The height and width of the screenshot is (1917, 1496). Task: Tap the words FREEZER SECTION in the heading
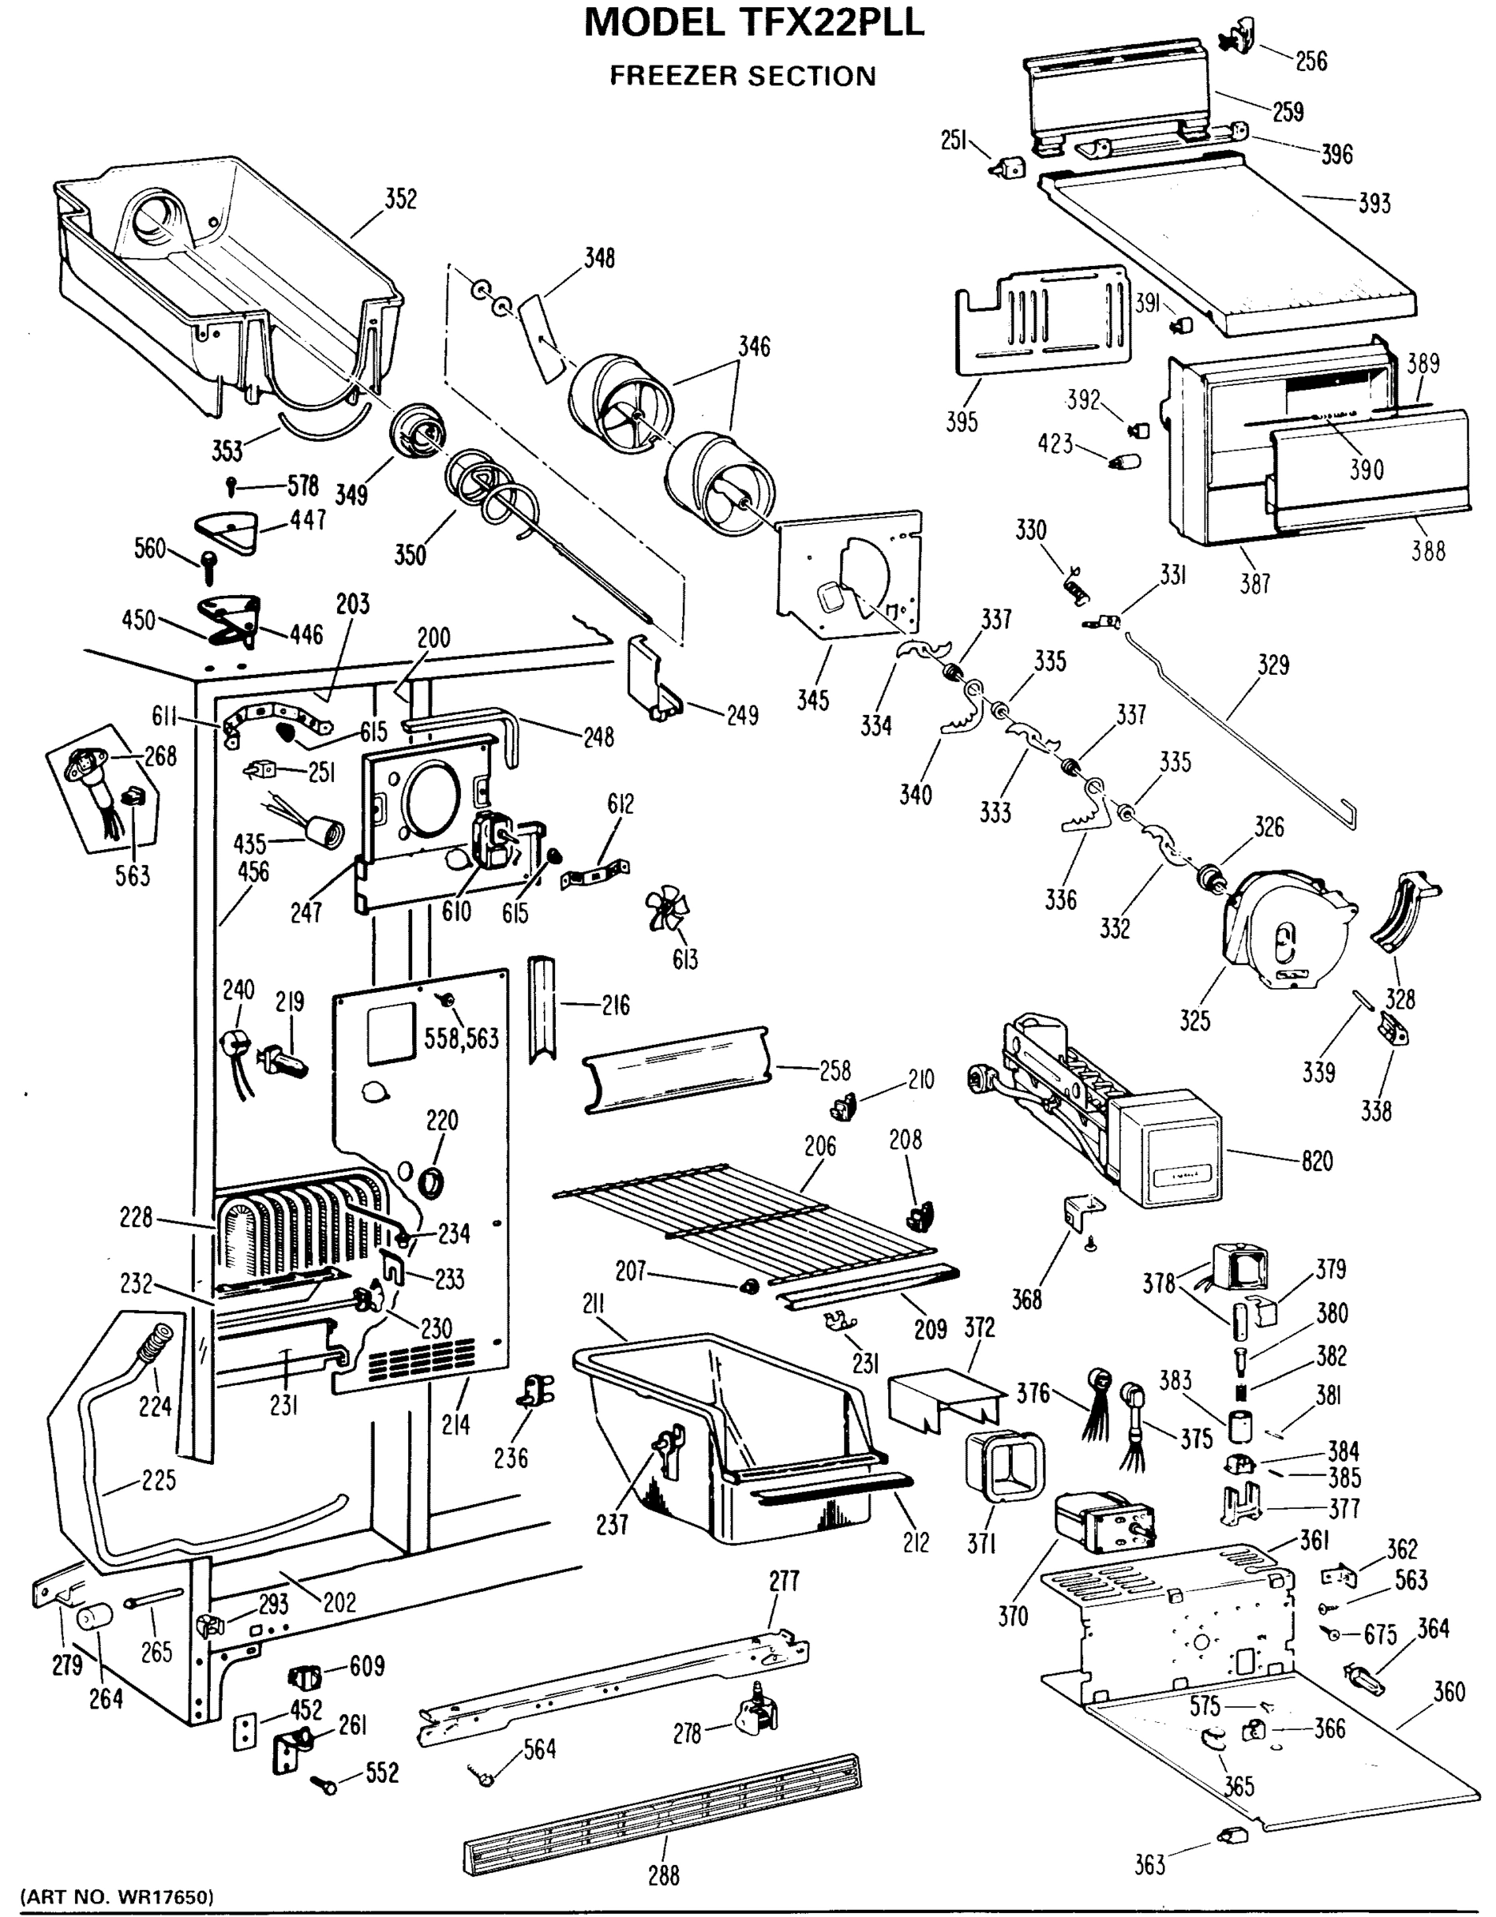coord(743,77)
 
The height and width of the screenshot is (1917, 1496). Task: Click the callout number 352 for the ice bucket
coord(400,199)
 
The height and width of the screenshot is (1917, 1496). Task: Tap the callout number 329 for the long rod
coord(1273,665)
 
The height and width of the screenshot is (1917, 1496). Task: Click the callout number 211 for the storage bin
coord(593,1304)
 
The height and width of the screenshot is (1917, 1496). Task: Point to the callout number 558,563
coord(461,1038)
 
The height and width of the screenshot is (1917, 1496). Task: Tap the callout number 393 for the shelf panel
coord(1374,204)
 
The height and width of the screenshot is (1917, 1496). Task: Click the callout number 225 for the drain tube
coord(158,1480)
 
